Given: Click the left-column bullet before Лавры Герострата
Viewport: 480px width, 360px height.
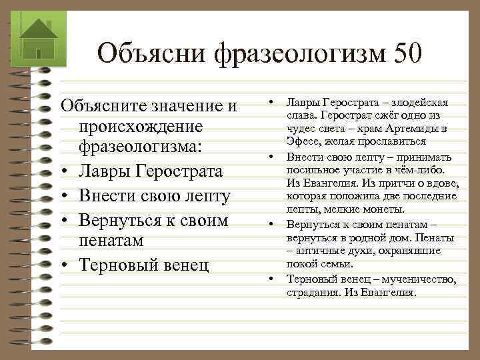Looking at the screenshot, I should click(67, 173).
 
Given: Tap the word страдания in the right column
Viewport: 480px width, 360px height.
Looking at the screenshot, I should click(314, 292).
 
